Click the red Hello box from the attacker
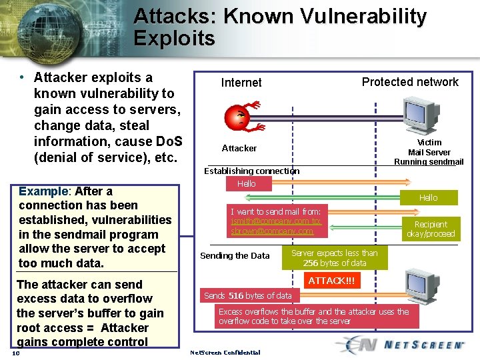pos(246,183)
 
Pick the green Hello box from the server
pos(428,197)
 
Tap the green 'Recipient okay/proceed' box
pos(431,229)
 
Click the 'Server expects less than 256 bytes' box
pos(334,258)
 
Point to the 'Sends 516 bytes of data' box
pos(248,295)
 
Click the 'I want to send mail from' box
pos(275,221)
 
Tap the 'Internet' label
pos(241,83)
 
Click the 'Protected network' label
pos(410,82)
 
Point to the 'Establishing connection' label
pos(251,171)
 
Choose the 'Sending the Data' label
pos(235,255)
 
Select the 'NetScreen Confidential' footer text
pos(225,352)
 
